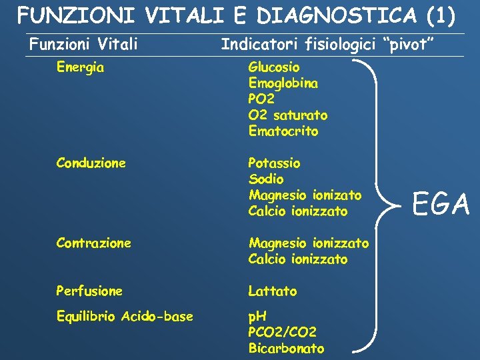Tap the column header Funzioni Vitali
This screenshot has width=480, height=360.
(83, 45)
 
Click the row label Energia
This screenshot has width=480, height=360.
(81, 67)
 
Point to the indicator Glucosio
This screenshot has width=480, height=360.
(274, 67)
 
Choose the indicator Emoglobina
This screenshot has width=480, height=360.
(283, 83)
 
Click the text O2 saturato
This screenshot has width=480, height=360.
(287, 115)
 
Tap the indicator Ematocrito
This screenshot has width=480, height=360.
(283, 131)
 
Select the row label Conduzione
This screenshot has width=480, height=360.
(91, 163)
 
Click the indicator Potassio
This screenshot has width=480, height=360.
(274, 163)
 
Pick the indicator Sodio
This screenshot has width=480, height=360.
(266, 179)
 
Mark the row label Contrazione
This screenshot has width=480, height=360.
(94, 243)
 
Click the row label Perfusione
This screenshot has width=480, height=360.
(90, 291)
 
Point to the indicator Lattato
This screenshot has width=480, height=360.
(273, 291)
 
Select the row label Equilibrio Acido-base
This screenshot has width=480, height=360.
(125, 317)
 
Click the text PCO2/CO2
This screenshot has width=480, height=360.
(282, 332)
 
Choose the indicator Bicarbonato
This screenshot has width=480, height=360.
(286, 348)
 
